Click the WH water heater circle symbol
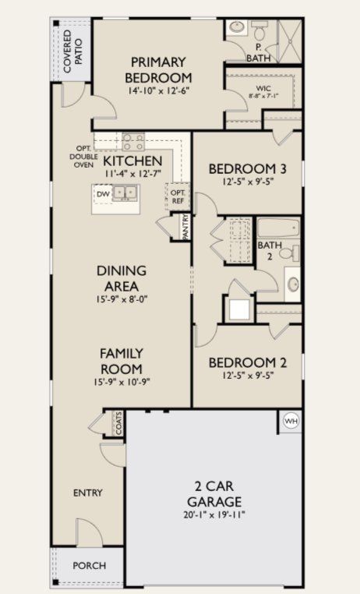coord(291,420)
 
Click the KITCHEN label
coord(133,160)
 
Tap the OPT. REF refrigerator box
coord(177,196)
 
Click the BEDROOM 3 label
coord(243,168)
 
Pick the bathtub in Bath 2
coord(277,228)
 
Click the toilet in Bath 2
coord(288,253)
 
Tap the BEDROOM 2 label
coord(243,362)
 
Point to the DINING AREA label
coord(122,278)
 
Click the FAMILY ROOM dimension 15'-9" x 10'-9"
coord(122,382)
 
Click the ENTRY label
coord(87,493)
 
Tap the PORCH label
coord(89,565)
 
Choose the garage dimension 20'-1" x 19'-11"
coord(214,514)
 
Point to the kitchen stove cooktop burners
coord(133,141)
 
